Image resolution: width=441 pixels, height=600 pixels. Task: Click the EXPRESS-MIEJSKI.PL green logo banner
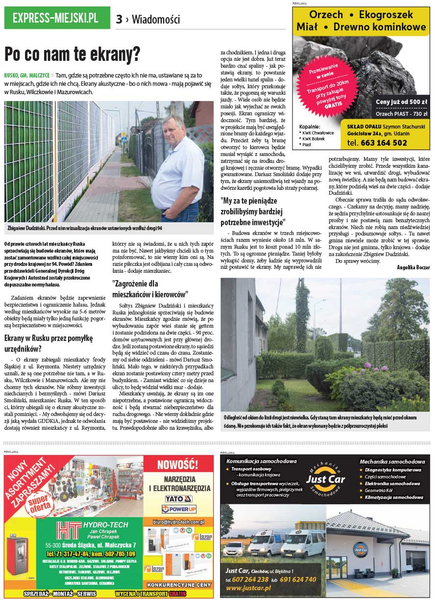click(x=55, y=19)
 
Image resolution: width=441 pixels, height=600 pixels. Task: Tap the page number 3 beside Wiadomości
click(x=119, y=19)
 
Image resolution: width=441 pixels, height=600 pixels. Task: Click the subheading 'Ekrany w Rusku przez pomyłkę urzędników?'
click(x=49, y=343)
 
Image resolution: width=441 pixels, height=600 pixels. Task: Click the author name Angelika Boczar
click(x=413, y=267)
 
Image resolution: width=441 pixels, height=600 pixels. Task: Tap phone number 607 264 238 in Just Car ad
click(x=251, y=579)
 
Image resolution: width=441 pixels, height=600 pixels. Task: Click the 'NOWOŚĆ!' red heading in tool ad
click(x=177, y=465)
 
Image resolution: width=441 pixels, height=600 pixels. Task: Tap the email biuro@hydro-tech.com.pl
click(x=178, y=522)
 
